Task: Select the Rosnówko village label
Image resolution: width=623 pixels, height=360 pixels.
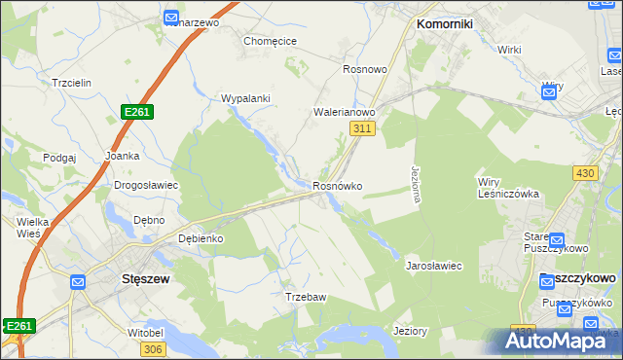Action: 338,186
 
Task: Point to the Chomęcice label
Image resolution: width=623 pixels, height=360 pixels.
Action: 270,41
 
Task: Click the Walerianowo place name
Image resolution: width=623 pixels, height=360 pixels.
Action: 344,112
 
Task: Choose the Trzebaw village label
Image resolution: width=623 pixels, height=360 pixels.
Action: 305,297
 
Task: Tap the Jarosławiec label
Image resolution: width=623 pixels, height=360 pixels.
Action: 433,265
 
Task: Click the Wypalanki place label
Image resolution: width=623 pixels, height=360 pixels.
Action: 245,98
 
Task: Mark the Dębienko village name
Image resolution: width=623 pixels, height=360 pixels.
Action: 202,238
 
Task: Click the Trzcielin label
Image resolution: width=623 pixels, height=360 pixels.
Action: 72,83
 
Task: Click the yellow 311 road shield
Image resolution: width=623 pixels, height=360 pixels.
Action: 362,128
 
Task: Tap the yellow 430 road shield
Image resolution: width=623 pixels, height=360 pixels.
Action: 584,172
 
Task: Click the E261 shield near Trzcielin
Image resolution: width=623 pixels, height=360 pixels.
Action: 137,113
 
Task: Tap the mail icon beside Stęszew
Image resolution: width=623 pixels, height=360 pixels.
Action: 78,282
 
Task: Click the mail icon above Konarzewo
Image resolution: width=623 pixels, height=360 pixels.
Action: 171,18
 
